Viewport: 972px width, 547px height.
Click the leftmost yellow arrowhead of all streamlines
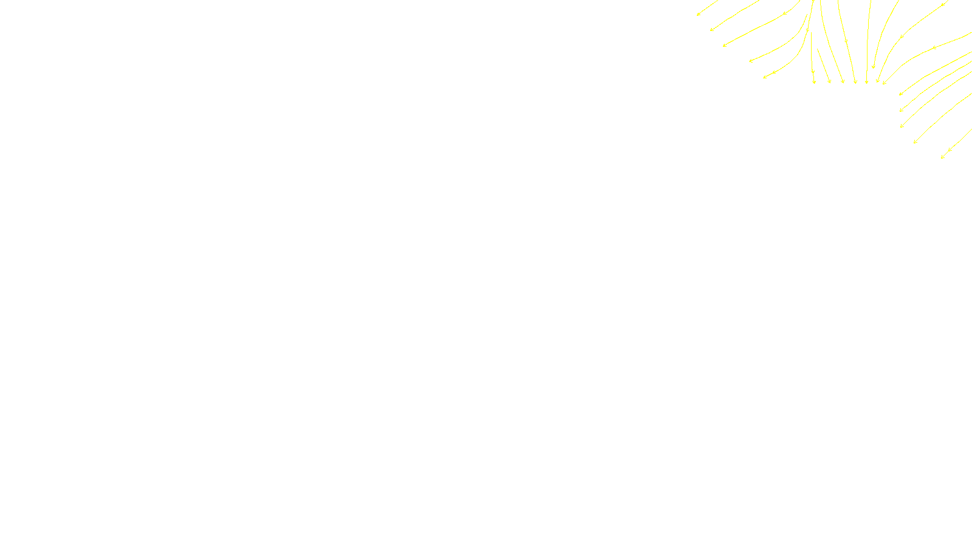coord(698,14)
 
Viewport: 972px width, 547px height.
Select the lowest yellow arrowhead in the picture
coord(942,157)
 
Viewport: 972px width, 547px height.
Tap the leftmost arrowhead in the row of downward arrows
coord(814,81)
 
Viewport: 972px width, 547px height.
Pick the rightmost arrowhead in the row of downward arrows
coord(884,83)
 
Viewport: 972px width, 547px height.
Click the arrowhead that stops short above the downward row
coord(873,67)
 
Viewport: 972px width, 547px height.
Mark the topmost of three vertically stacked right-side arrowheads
coord(900,94)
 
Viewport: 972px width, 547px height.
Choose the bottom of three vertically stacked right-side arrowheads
coord(901,126)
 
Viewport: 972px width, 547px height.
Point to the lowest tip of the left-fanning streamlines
coord(764,77)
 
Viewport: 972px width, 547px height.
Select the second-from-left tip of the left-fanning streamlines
coord(711,30)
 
